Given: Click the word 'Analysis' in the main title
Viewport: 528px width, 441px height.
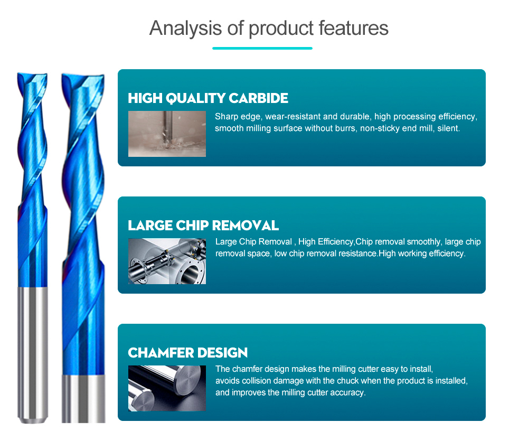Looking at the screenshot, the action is pos(185,29).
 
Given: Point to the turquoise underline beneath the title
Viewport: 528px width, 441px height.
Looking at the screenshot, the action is pos(262,48).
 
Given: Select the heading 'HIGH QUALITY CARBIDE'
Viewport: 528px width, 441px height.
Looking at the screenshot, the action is pos(208,98).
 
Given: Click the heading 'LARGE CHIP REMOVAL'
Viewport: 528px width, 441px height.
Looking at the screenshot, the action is pos(203,226).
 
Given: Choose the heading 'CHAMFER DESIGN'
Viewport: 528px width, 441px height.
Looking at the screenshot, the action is pos(187,353).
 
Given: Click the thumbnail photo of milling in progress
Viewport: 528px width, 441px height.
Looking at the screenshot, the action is pos(167,134).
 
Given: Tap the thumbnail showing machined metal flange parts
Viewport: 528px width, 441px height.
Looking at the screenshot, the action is pos(167,261).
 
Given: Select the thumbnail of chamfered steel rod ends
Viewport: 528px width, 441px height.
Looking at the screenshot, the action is pos(167,388).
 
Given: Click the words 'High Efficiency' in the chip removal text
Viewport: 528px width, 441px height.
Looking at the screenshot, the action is pos(325,242).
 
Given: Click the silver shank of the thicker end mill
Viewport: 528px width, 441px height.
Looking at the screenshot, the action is pos(83,399).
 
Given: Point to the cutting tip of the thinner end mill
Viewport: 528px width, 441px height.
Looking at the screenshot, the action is pos(32,76).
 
